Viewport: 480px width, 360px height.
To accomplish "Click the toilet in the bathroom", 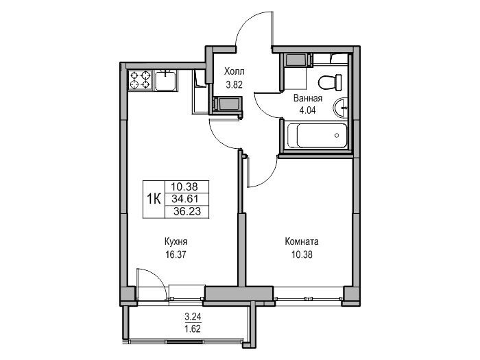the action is pos(330,82).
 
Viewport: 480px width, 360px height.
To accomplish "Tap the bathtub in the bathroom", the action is pos(317,135).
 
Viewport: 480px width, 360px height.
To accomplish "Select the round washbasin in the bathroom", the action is pos(340,108).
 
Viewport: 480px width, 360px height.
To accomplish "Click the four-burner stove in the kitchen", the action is pos(141,80).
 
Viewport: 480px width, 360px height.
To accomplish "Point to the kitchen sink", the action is pos(165,80).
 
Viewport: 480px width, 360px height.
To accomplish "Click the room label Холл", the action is pos(235,71).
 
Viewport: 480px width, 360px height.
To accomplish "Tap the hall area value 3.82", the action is pos(235,84).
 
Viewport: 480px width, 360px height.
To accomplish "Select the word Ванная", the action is pos(308,98).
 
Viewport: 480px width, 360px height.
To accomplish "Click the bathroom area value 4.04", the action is pos(307,110).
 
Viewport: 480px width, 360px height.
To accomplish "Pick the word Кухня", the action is pos(176,241).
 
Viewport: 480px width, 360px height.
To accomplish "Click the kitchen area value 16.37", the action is pos(176,254).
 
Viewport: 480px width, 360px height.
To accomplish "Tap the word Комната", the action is pos(302,241).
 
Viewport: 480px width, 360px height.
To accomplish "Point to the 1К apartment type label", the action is pos(154,200).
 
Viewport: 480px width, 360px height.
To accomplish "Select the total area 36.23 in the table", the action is pos(187,211).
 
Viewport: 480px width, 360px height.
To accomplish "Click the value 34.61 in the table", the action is pos(185,199).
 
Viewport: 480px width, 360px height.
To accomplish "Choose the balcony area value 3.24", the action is pos(193,316).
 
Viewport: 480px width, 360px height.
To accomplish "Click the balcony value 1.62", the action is pos(193,329).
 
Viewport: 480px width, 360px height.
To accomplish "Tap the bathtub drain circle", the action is pos(337,135).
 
